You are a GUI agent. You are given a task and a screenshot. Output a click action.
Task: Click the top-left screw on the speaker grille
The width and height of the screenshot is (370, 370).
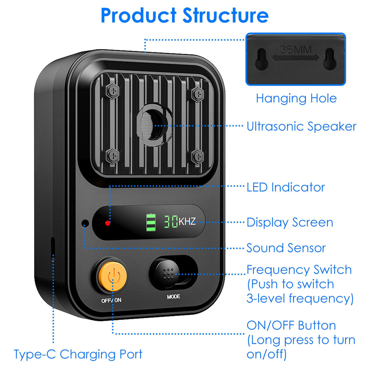pos(113,92)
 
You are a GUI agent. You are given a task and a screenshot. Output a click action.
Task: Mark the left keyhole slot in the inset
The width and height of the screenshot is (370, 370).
pos(261,59)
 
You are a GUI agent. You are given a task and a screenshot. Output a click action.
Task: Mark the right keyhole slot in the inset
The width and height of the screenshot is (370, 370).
pos(329,58)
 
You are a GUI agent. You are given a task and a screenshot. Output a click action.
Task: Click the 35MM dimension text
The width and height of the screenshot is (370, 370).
pos(295,50)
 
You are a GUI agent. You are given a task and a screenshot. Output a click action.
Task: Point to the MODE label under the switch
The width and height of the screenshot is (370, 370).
pos(173,297)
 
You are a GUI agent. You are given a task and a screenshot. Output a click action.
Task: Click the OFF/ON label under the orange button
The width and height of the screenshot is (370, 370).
pos(112,300)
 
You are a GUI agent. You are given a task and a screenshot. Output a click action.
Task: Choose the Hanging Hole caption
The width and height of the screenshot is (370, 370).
pos(296,98)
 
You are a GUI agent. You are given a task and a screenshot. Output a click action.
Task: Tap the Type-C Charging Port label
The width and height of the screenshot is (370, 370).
pos(78,354)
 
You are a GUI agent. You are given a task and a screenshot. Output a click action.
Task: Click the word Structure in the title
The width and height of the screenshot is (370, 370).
pos(225,15)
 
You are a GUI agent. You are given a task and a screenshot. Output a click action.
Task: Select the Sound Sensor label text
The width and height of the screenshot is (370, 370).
pos(286,248)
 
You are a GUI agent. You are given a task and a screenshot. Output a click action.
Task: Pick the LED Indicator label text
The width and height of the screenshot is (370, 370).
pos(285,187)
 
